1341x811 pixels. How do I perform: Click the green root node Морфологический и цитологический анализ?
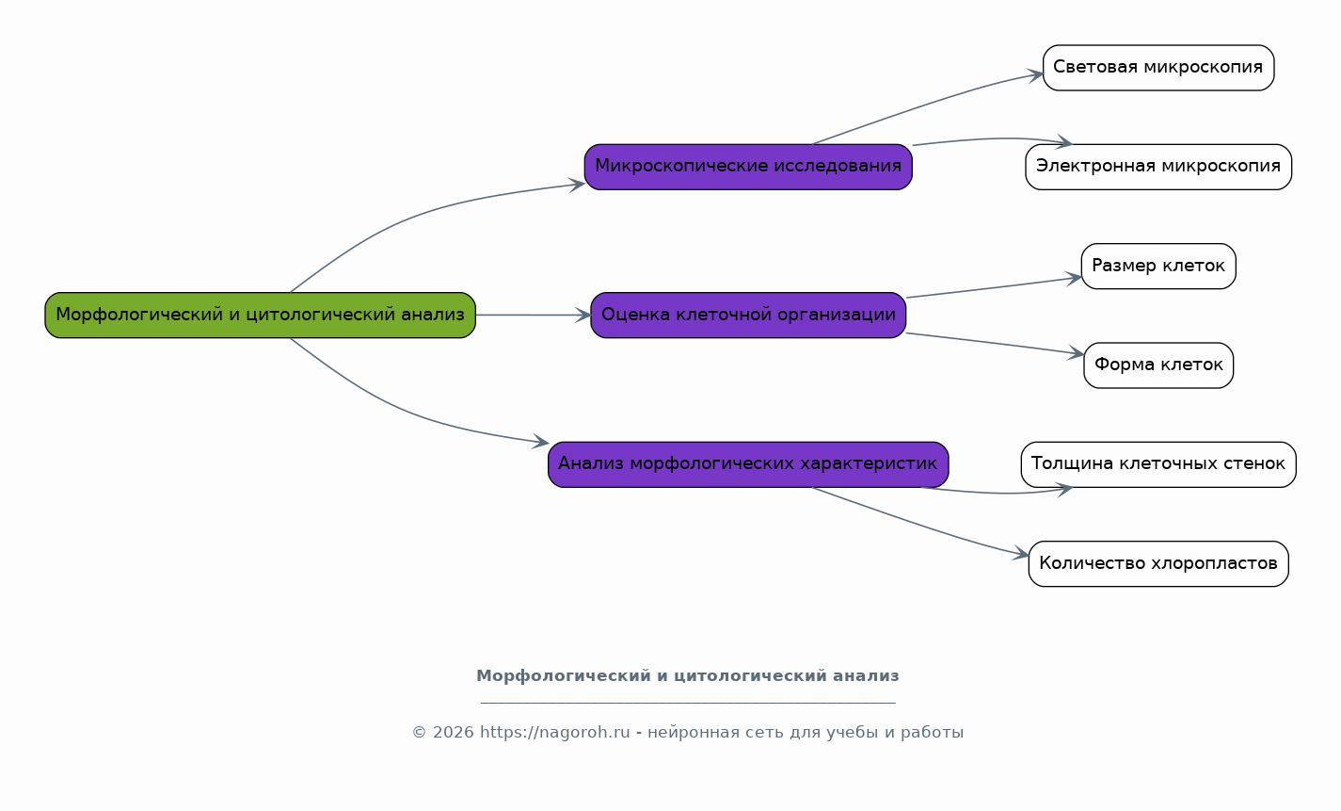tap(260, 316)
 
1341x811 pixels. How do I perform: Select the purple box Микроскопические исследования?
tap(748, 168)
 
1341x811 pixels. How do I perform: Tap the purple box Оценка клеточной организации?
tap(748, 316)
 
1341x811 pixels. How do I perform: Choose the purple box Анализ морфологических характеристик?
tap(748, 464)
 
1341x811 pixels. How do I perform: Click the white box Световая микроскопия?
tap(1158, 68)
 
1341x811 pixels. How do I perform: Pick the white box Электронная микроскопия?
tap(1158, 168)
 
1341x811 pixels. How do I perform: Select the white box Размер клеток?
tap(1158, 267)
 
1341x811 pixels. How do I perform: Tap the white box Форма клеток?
tap(1158, 365)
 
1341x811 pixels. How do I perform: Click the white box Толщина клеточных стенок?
tap(1158, 464)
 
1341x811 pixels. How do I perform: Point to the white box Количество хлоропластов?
tap(1158, 564)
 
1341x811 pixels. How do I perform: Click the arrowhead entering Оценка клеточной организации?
tap(583, 316)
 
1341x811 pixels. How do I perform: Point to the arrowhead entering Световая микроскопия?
tap(1036, 75)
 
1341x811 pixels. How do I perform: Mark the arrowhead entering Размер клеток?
tap(1074, 279)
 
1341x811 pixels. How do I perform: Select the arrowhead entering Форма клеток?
tap(1077, 353)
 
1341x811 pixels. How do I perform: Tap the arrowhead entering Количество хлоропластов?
tap(1021, 555)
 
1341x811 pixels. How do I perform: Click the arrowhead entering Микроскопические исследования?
tap(577, 185)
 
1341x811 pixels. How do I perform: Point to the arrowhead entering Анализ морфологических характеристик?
tap(541, 443)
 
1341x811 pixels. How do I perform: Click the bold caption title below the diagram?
tap(688, 676)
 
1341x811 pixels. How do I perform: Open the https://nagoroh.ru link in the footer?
tap(555, 733)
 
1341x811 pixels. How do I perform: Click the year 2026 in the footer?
tap(454, 733)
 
